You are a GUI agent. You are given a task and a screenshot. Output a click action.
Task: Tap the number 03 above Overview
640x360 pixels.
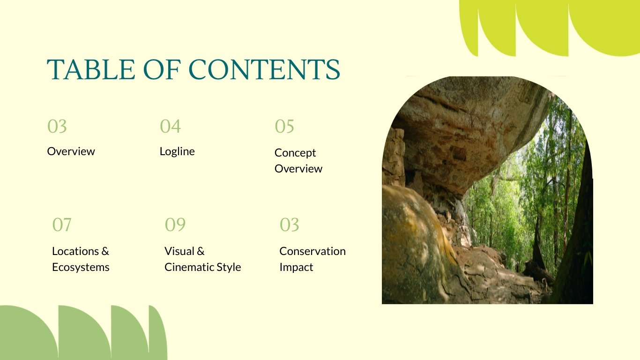[57, 127]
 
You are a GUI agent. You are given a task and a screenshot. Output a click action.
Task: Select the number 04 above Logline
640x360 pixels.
[170, 127]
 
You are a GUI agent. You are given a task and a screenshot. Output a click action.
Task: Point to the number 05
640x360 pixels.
[284, 127]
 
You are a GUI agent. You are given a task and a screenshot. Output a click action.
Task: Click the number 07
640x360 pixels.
[62, 225]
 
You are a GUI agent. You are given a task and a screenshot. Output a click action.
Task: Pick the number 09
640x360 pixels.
[175, 225]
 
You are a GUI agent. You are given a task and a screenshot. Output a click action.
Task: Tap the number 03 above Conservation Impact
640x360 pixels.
[289, 225]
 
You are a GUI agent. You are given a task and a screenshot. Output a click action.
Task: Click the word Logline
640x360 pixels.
[177, 151]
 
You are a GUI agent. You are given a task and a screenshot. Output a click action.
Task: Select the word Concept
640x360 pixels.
[295, 153]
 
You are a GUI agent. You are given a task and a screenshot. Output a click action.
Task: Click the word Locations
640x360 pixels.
[75, 251]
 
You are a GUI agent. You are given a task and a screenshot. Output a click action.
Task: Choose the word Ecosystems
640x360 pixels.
[81, 267]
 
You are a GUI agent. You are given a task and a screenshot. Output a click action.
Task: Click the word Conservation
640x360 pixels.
[313, 251]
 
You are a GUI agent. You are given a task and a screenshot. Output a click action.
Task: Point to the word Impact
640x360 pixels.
[296, 267]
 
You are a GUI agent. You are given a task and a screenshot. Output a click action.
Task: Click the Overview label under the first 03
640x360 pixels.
[71, 151]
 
